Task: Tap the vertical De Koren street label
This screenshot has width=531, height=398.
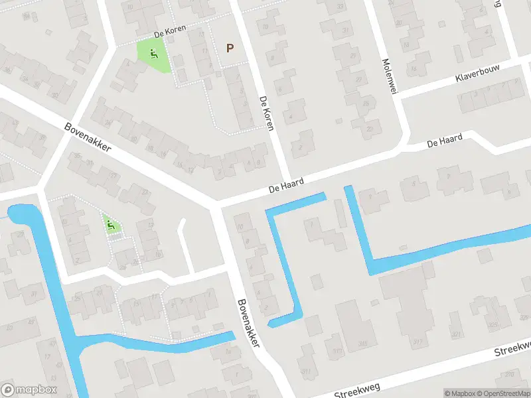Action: click(x=266, y=113)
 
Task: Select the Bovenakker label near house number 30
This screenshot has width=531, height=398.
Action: click(x=88, y=137)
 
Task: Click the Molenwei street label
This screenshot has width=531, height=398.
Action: click(x=388, y=77)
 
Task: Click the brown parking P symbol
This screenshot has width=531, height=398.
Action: click(x=230, y=48)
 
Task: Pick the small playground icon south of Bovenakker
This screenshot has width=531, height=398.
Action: click(x=112, y=226)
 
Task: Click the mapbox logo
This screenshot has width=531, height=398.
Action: click(x=29, y=390)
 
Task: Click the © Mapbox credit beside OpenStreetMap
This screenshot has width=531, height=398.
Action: click(x=460, y=393)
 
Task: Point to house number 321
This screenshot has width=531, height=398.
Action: click(x=455, y=334)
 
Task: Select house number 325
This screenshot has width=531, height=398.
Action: click(x=491, y=324)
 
